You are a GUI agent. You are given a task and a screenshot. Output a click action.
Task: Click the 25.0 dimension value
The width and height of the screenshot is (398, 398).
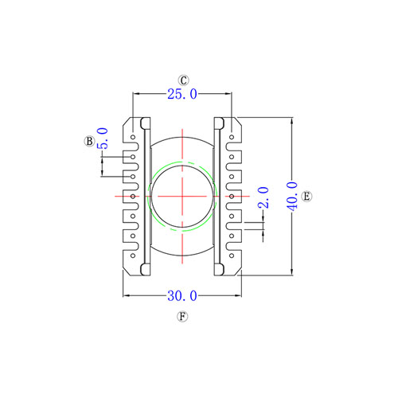(x=182, y=94)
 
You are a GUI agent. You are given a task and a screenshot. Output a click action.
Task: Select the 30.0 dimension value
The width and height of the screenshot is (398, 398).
(x=182, y=296)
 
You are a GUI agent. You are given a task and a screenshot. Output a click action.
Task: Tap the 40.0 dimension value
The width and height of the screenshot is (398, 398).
(x=293, y=197)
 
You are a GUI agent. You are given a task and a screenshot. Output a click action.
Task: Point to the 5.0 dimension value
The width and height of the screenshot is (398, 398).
(x=103, y=139)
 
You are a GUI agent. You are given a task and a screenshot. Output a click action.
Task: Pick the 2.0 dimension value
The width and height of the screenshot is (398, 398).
(x=263, y=197)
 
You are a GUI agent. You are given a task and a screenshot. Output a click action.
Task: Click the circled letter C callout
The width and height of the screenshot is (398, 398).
(x=183, y=80)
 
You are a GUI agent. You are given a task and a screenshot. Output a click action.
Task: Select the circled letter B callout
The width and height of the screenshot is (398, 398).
(x=89, y=141)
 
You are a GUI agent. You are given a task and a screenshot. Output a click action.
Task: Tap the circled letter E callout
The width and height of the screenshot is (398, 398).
(x=306, y=197)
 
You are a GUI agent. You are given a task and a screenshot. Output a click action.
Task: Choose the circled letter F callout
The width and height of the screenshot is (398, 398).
(x=182, y=317)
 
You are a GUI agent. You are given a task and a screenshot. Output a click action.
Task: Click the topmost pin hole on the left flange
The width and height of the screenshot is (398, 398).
(x=133, y=137)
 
